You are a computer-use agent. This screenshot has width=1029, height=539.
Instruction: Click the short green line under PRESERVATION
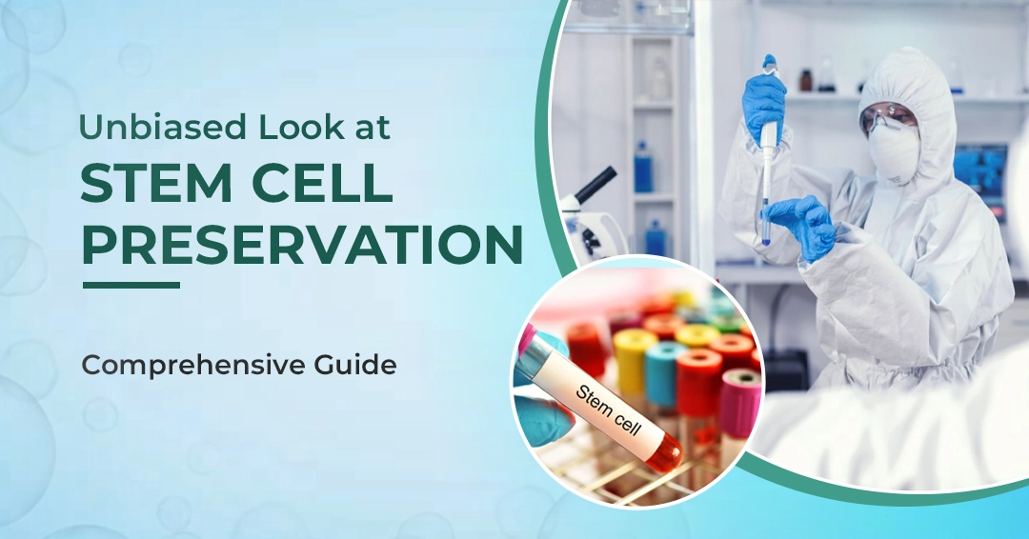coord(131,284)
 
